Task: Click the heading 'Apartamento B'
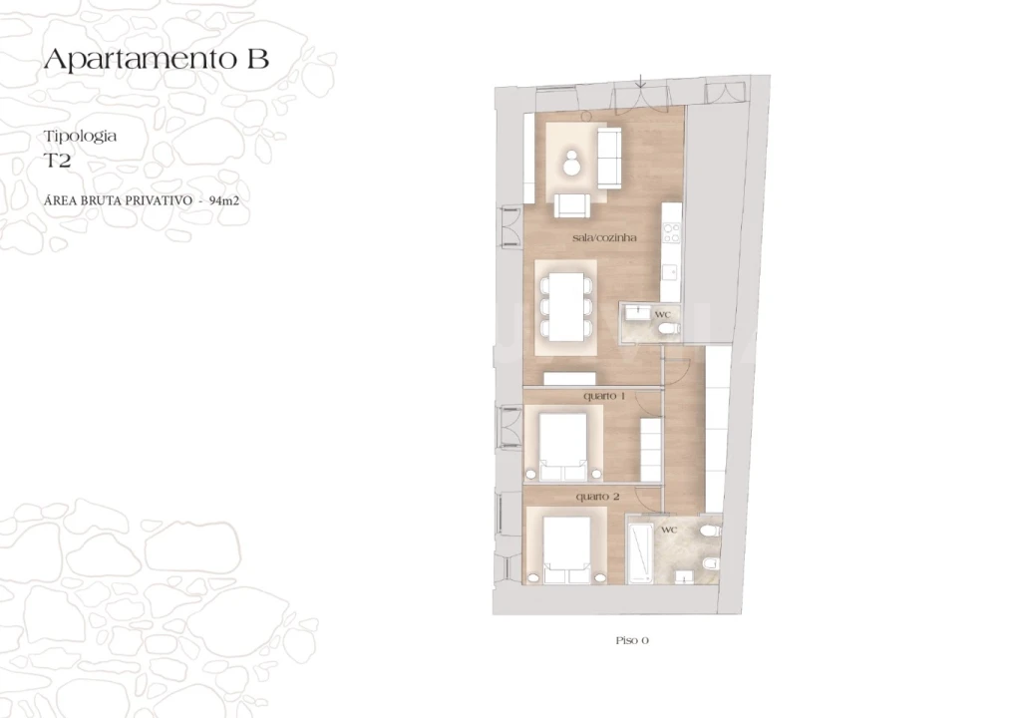click(x=156, y=59)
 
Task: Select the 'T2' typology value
click(x=57, y=159)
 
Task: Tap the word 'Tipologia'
click(x=80, y=136)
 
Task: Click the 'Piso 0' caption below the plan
click(x=633, y=640)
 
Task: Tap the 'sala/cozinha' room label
click(x=604, y=238)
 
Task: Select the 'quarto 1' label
click(x=604, y=396)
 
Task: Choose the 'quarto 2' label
click(x=598, y=496)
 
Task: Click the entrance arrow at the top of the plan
click(x=640, y=83)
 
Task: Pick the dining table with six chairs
click(x=564, y=305)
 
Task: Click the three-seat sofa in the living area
click(x=608, y=157)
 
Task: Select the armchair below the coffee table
click(x=571, y=204)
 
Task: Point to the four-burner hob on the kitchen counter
click(x=672, y=235)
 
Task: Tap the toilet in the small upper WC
click(x=669, y=327)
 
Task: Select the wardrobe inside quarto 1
click(x=651, y=449)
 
